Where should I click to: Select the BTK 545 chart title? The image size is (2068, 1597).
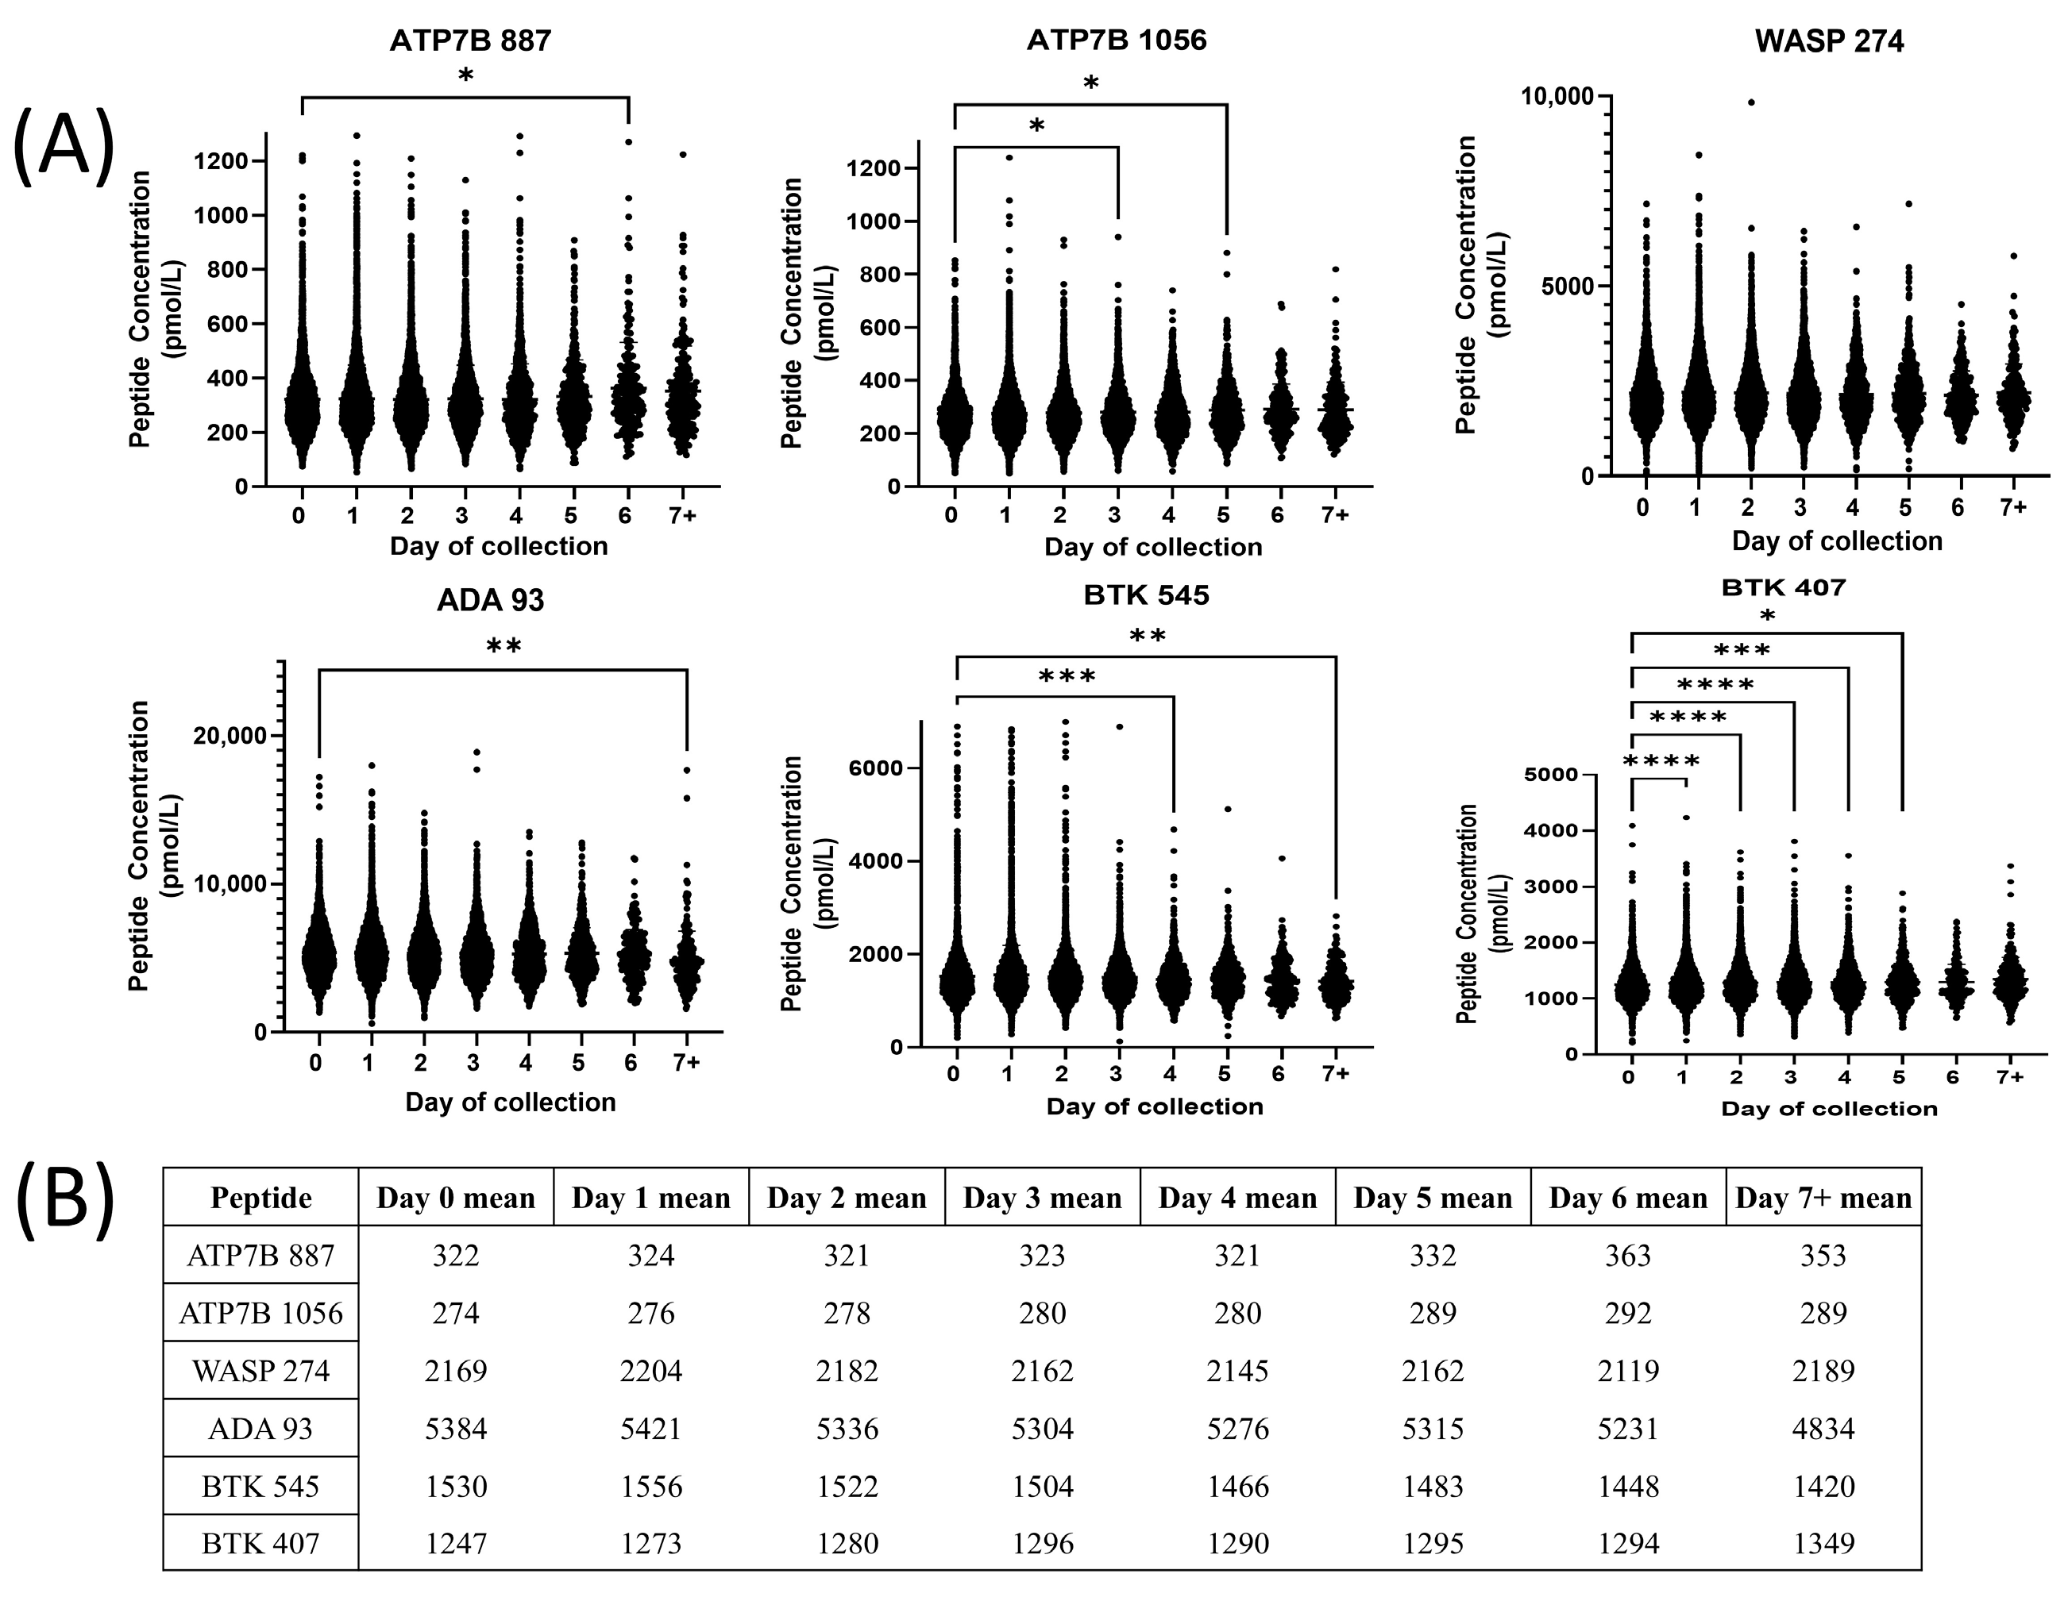tap(1146, 595)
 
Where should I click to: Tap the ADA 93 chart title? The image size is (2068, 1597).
tap(491, 601)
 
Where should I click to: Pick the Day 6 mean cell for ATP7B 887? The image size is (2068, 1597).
tap(1628, 1255)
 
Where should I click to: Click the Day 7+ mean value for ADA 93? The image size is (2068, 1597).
tap(1823, 1428)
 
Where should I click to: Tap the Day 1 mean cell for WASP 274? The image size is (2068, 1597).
tap(650, 1370)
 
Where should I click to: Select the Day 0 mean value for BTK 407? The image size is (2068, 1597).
tap(456, 1543)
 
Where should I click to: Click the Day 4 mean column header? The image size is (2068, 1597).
tap(1237, 1198)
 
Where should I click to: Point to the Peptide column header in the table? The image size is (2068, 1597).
tap(260, 1198)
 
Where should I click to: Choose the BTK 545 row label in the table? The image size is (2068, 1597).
tap(260, 1486)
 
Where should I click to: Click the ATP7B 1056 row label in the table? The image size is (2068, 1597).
tap(260, 1313)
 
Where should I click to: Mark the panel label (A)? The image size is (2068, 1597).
tap(64, 144)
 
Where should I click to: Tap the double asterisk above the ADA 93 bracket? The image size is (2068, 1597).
tap(503, 647)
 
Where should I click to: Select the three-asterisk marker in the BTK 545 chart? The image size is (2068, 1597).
tap(1067, 677)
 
